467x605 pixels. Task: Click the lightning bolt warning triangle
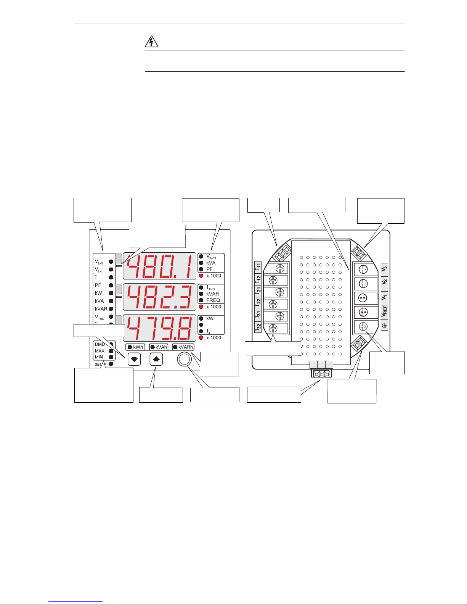151,42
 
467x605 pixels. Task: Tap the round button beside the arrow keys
184,359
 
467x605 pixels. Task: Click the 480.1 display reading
160,267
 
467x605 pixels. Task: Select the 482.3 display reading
160,297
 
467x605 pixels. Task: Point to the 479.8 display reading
160,328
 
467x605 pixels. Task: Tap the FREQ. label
214,300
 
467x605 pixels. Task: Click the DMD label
99,344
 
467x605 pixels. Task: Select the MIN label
99,357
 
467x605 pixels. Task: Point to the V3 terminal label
384,269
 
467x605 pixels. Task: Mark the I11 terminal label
258,267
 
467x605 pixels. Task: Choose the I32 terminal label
258,327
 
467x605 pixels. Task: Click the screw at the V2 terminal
363,284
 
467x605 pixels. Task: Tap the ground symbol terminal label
384,326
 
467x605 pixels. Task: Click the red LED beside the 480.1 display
201,276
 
